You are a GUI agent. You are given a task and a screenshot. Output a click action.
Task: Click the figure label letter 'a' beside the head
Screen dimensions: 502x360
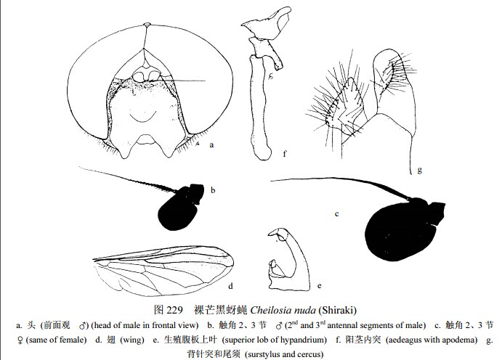click(x=211, y=145)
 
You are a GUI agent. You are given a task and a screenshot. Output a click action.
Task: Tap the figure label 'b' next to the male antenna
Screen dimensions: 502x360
click(x=213, y=191)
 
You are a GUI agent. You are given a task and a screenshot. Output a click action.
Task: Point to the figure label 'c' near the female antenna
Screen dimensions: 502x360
click(x=336, y=214)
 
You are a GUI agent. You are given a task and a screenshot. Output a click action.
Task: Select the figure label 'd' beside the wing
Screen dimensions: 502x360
click(x=230, y=286)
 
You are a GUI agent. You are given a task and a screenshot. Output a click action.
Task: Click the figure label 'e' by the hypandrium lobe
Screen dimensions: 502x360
click(x=319, y=286)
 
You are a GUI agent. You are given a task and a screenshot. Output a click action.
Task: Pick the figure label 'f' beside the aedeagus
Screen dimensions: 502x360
click(x=285, y=153)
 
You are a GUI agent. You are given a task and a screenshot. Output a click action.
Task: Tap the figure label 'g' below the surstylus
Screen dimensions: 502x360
click(x=419, y=170)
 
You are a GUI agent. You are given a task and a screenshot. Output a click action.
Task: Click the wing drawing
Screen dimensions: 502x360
click(x=163, y=271)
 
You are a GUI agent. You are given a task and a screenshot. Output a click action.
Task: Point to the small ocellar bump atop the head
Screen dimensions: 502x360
click(x=147, y=25)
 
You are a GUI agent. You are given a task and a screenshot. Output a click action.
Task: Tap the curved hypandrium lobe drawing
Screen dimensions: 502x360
click(x=289, y=260)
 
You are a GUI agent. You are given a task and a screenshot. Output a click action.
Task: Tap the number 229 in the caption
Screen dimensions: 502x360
click(x=174, y=310)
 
